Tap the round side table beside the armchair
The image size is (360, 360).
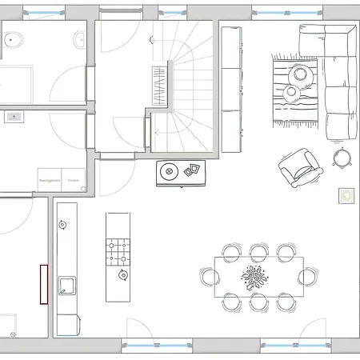pyautogui.click(x=342, y=157)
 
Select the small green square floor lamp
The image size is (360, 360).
pyautogui.click(x=346, y=194)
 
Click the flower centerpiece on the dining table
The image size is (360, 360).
pyautogui.click(x=256, y=278)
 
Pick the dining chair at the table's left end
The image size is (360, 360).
pyautogui.click(x=210, y=278)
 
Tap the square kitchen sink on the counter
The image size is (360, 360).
pyautogui.click(x=65, y=286)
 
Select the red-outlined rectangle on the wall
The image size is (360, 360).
pyautogui.click(x=44, y=284)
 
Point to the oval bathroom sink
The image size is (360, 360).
pyautogui.click(x=78, y=39)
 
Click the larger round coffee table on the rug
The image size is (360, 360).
pyautogui.click(x=302, y=74)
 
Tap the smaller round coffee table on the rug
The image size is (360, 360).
pyautogui.click(x=290, y=94)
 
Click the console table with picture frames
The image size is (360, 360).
pyautogui.click(x=181, y=172)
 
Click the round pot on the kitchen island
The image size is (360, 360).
pyautogui.click(x=123, y=276)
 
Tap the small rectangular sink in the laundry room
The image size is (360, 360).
pyautogui.click(x=13, y=117)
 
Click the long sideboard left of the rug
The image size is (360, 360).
pyautogui.click(x=231, y=88)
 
